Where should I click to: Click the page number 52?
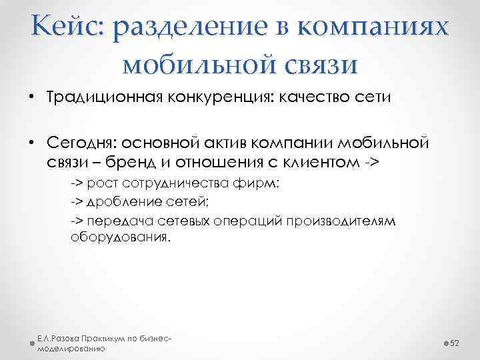coord(456,342)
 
